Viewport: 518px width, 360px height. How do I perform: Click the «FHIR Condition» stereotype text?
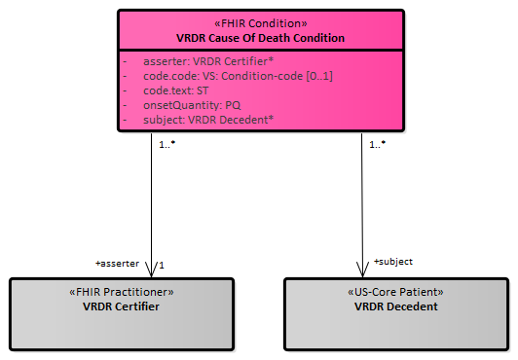tap(261, 23)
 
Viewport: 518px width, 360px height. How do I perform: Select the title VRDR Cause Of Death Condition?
tap(260, 38)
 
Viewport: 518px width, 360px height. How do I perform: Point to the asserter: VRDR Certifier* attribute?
tap(208, 61)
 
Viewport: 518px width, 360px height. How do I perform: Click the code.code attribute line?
tap(238, 76)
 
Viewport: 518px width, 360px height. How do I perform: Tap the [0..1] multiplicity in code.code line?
tap(319, 76)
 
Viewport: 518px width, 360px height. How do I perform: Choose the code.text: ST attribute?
tap(175, 90)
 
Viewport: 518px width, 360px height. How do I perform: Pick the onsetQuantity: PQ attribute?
tap(192, 105)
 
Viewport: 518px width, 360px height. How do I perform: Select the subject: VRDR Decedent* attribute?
tap(208, 120)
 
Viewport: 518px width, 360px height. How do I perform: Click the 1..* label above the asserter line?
tap(167, 144)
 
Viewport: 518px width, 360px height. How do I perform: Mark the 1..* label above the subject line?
tap(378, 144)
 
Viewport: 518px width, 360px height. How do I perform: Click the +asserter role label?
tap(117, 264)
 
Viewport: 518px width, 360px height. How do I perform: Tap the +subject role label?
tap(393, 262)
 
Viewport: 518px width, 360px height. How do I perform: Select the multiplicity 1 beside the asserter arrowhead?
tap(162, 266)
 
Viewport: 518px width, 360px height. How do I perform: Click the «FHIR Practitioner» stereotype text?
tap(122, 292)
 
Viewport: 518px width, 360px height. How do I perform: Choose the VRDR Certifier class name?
tap(122, 306)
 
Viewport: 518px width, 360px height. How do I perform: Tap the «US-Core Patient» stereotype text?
tap(395, 292)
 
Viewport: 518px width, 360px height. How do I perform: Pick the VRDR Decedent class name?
tap(395, 306)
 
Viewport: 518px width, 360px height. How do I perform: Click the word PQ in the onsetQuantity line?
tap(233, 105)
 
